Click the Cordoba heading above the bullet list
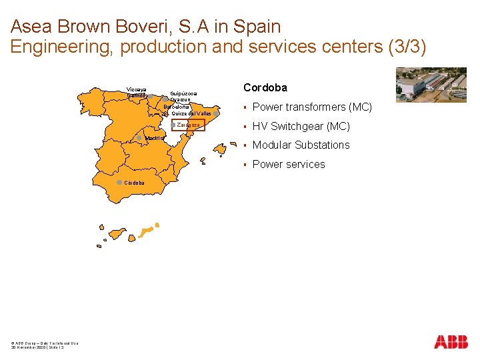coord(265,87)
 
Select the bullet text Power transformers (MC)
coord(312,107)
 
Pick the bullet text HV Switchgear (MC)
coord(301,126)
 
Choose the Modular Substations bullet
coord(301,145)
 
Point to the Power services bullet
coord(289,164)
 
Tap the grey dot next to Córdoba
coord(119,182)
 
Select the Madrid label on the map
coord(154,139)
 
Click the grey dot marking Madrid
coord(139,138)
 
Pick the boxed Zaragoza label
coord(189,125)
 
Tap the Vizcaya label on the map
coord(136,89)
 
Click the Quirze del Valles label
coord(191,113)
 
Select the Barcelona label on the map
coord(177,107)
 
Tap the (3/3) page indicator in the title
coord(404,47)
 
